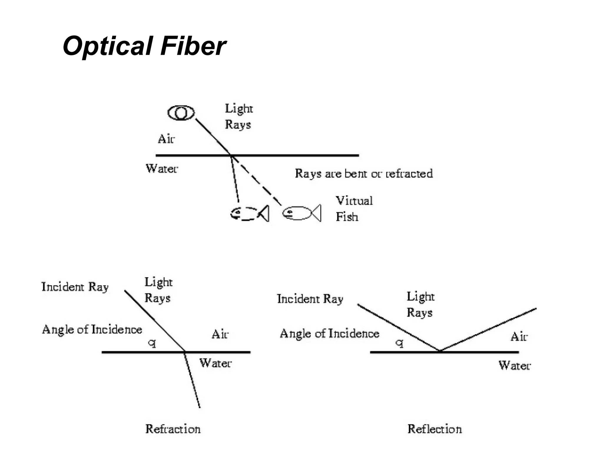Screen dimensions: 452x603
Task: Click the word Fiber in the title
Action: [193, 46]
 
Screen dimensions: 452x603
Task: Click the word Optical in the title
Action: [107, 46]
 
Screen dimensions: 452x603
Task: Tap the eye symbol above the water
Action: [181, 113]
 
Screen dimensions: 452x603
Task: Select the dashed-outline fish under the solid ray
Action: [249, 213]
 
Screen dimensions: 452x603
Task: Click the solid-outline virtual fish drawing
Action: [301, 213]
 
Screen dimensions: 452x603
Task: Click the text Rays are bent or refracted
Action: [364, 174]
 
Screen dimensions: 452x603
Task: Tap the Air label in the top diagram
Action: [166, 139]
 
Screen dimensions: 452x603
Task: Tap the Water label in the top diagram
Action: [162, 169]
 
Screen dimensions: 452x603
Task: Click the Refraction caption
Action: [173, 429]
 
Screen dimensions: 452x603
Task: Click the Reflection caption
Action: [434, 429]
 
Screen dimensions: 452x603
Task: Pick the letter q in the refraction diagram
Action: [152, 343]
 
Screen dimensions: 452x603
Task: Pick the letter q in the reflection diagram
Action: [399, 343]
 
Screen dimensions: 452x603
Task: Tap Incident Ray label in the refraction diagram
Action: [75, 287]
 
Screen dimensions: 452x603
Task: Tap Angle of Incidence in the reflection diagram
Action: [329, 334]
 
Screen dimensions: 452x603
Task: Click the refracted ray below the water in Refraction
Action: [192, 380]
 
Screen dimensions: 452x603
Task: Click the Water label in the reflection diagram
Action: [514, 365]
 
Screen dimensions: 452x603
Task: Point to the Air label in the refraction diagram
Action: [220, 335]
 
